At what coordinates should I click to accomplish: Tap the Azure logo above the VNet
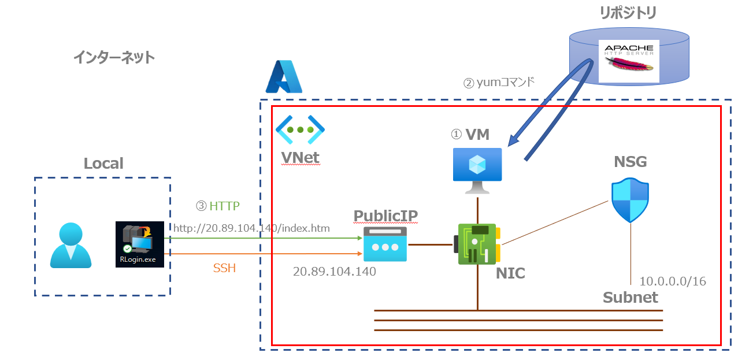click(x=284, y=77)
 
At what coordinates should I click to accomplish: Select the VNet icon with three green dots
click(x=300, y=129)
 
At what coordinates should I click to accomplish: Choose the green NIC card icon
click(x=478, y=244)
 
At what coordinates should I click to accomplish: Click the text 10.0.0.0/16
click(x=672, y=281)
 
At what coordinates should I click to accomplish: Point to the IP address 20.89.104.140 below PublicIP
click(x=335, y=271)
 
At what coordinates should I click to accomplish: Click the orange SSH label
click(x=225, y=269)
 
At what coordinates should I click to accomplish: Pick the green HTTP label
click(x=218, y=206)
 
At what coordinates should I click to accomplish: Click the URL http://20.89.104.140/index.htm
click(x=251, y=228)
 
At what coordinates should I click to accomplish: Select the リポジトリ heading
click(x=629, y=13)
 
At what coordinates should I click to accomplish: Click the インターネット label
click(x=114, y=57)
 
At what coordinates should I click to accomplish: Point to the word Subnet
click(x=630, y=297)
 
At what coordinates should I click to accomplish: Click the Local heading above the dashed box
click(x=104, y=164)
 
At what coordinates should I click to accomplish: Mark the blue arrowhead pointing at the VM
click(x=512, y=141)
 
